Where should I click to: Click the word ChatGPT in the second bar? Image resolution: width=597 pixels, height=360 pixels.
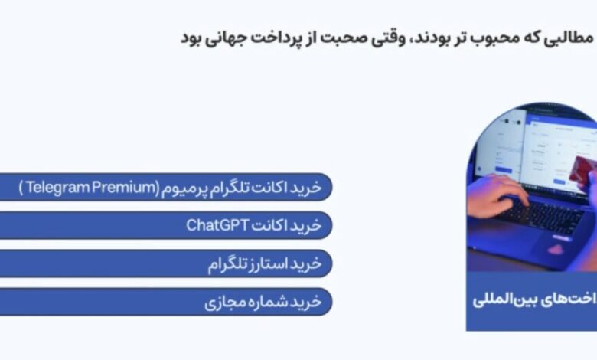[x=218, y=225]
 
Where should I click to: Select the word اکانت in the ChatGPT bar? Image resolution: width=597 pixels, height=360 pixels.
[x=269, y=225]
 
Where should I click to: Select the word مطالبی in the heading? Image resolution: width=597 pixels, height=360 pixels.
[x=568, y=38]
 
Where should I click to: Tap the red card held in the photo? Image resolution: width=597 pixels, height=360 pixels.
[x=582, y=169]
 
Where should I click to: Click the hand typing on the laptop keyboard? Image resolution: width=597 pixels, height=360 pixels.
[x=497, y=195]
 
